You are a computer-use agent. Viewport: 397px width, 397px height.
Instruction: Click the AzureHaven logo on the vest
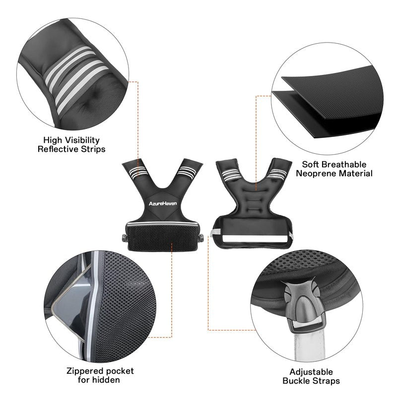click(x=163, y=203)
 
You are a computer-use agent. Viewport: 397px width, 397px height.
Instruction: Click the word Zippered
click(x=85, y=371)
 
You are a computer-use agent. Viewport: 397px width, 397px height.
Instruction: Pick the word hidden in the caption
click(x=106, y=380)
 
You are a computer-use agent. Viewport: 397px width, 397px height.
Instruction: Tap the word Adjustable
click(x=311, y=372)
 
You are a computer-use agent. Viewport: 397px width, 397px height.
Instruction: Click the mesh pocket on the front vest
click(x=162, y=238)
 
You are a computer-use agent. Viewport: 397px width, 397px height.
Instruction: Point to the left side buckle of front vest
click(x=125, y=238)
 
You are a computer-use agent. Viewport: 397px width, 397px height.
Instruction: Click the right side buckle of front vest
click(x=201, y=238)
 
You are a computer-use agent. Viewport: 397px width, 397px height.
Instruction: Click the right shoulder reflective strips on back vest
click(x=277, y=174)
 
